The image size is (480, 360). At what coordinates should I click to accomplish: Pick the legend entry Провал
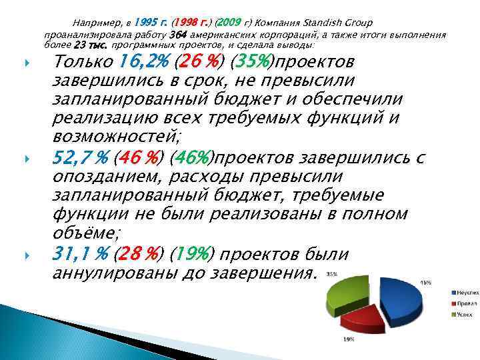465,303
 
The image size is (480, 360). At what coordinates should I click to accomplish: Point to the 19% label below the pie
348,339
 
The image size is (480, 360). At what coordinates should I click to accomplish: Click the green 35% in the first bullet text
253,63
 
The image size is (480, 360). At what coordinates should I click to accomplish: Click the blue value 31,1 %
81,255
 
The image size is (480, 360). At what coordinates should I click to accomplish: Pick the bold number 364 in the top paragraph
179,34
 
